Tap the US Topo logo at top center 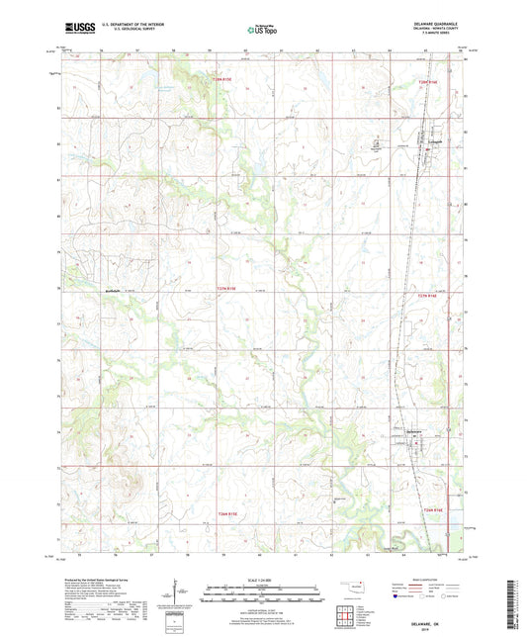[x=261, y=31]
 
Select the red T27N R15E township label [x=225, y=290]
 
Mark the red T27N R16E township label [x=427, y=295]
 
